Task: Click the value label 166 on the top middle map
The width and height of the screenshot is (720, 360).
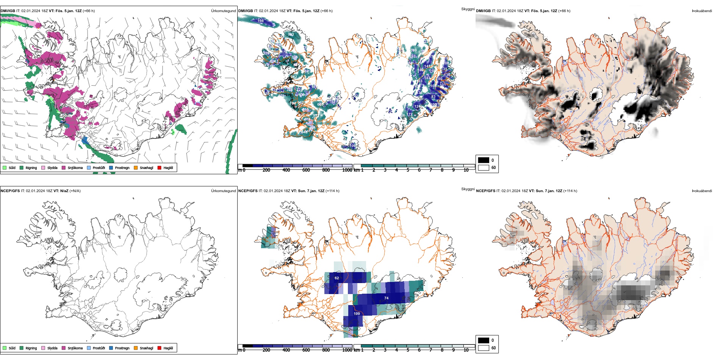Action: [x=261, y=21]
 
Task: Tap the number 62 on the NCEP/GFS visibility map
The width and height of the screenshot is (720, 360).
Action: [x=337, y=278]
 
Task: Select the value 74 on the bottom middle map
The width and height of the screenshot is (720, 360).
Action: [x=387, y=298]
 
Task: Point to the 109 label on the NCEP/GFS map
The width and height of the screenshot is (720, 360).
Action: [x=357, y=314]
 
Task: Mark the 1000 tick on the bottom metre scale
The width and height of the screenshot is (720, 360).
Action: [x=347, y=350]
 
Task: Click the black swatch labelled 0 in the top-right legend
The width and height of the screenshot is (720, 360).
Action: [x=484, y=160]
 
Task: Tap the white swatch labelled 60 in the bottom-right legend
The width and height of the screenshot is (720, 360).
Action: [x=484, y=348]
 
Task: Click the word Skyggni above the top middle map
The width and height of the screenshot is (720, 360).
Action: [x=468, y=9]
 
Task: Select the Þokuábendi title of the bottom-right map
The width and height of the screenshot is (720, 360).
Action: [x=702, y=191]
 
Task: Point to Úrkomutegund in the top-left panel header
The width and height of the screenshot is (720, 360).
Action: [x=223, y=11]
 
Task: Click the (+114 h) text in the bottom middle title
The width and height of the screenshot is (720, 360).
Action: [x=333, y=191]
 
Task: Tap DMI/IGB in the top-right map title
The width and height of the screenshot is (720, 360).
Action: [x=483, y=11]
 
